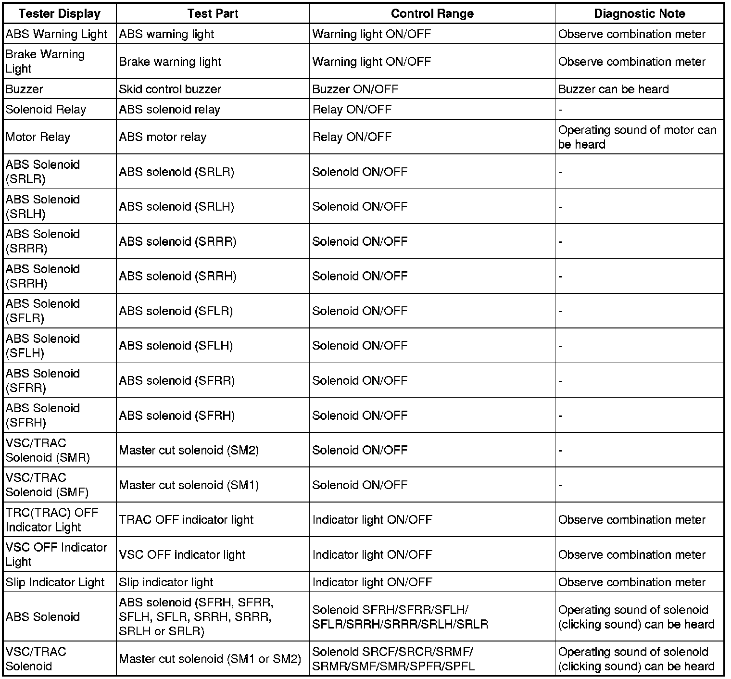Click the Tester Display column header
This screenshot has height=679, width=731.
(x=59, y=13)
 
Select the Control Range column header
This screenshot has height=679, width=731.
(x=432, y=13)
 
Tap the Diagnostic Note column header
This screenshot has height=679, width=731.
(x=639, y=13)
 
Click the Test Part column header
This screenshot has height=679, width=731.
(x=213, y=13)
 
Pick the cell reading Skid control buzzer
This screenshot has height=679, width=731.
(x=170, y=89)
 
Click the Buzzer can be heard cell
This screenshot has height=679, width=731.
(x=613, y=89)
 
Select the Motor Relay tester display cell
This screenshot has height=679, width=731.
(x=38, y=137)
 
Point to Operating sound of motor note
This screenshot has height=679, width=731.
(x=637, y=137)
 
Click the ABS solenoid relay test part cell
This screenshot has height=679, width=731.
(x=169, y=110)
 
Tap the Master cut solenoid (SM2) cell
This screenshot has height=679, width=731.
(x=189, y=450)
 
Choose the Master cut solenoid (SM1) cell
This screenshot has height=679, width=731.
(x=189, y=485)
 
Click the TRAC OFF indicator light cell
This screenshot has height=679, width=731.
(x=186, y=520)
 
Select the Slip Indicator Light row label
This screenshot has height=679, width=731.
(x=55, y=582)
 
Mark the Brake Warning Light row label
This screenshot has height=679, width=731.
(x=45, y=62)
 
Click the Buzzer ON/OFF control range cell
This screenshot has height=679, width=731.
(x=355, y=89)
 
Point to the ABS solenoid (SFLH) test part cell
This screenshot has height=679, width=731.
(x=176, y=346)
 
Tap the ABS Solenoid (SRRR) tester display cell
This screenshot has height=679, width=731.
(x=42, y=241)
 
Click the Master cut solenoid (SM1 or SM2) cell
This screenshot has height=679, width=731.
(x=210, y=659)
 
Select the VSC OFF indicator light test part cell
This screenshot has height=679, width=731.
(x=182, y=554)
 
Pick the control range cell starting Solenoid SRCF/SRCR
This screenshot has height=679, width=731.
(x=393, y=659)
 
